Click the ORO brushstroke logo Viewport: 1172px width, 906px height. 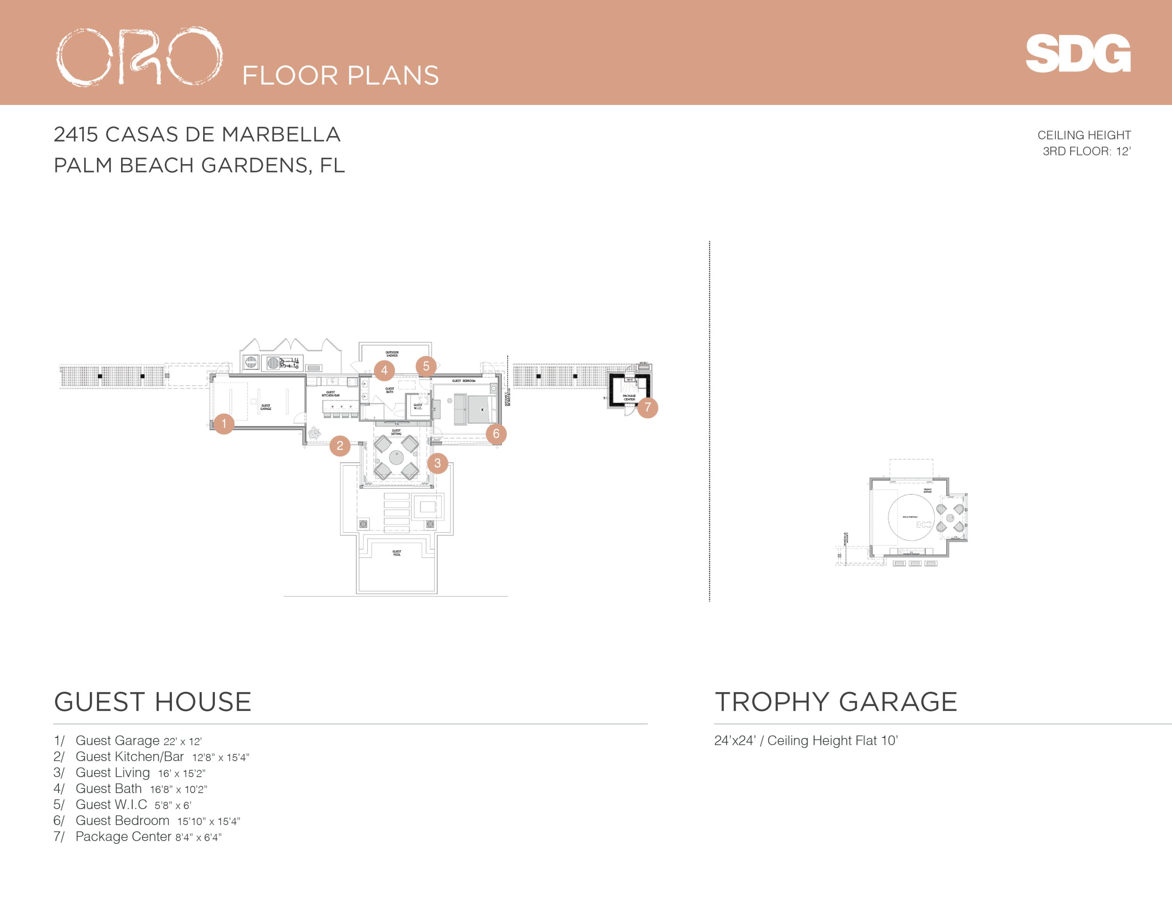click(139, 56)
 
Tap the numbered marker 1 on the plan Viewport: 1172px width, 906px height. click(224, 423)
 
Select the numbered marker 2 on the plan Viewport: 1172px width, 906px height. click(340, 446)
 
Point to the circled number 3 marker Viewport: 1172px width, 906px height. click(438, 463)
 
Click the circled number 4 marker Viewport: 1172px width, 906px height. click(384, 371)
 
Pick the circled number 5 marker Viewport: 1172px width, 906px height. click(426, 366)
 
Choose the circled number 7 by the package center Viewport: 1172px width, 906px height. click(648, 407)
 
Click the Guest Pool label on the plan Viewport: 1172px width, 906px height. click(397, 553)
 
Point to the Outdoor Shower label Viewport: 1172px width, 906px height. click(392, 354)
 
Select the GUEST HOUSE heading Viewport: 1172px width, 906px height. click(153, 702)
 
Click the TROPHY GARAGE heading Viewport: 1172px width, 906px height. click(836, 702)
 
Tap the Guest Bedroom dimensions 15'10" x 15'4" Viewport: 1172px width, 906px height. click(209, 821)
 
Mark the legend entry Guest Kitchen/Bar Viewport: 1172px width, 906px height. click(129, 757)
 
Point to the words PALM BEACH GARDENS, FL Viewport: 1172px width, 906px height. click(199, 165)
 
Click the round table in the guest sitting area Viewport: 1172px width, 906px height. click(396, 457)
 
